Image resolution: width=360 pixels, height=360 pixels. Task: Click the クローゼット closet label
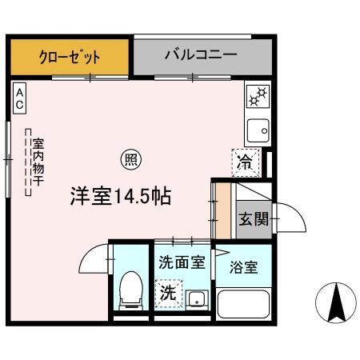[70, 58]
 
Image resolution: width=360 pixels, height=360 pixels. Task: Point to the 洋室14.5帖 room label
[120, 195]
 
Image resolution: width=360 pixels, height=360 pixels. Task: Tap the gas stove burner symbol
[258, 98]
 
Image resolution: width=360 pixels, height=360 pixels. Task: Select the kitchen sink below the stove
[258, 128]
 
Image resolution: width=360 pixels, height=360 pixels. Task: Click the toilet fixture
[130, 291]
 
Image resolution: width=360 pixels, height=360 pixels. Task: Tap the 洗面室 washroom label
[182, 260]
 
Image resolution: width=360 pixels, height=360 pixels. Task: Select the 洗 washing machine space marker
[168, 292]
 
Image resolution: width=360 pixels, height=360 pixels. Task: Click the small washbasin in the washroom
[195, 300]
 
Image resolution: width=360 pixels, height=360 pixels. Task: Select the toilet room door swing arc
[94, 259]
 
